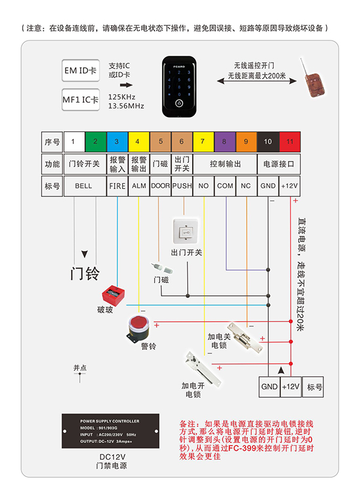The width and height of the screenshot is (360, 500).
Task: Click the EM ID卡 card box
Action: (x=80, y=70)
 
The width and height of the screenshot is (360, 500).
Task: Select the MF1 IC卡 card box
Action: (x=80, y=100)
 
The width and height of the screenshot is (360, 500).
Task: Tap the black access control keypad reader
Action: (x=179, y=87)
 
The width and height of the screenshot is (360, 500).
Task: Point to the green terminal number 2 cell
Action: (x=95, y=142)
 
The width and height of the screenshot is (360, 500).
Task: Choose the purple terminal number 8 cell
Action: (x=224, y=142)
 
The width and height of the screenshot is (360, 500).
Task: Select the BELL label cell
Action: (x=83, y=186)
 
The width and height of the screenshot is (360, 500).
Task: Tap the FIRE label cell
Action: (x=117, y=186)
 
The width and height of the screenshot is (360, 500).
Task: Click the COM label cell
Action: (x=224, y=186)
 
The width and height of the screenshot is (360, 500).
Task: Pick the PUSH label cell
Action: (x=181, y=186)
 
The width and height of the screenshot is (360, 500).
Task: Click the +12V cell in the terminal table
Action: (x=289, y=186)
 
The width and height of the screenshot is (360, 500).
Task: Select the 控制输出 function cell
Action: (x=224, y=164)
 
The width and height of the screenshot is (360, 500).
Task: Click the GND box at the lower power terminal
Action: (x=269, y=387)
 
